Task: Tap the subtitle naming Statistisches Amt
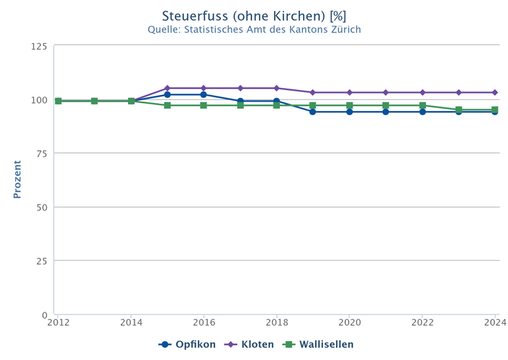[254, 30]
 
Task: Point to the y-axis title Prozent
[17, 179]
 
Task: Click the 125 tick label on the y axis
[39, 46]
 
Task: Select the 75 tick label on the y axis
[42, 153]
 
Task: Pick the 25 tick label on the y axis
[42, 261]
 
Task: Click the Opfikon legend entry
[187, 344]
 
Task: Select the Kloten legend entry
[249, 344]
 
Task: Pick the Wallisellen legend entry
[319, 344]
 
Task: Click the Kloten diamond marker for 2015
[168, 89]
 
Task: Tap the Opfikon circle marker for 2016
[204, 94]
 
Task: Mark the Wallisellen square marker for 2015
[168, 105]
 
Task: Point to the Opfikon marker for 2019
[313, 112]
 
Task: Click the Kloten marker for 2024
[495, 92]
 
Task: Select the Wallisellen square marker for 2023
[459, 109]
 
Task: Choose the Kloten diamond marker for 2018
[277, 89]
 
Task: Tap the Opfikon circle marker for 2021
[386, 112]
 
